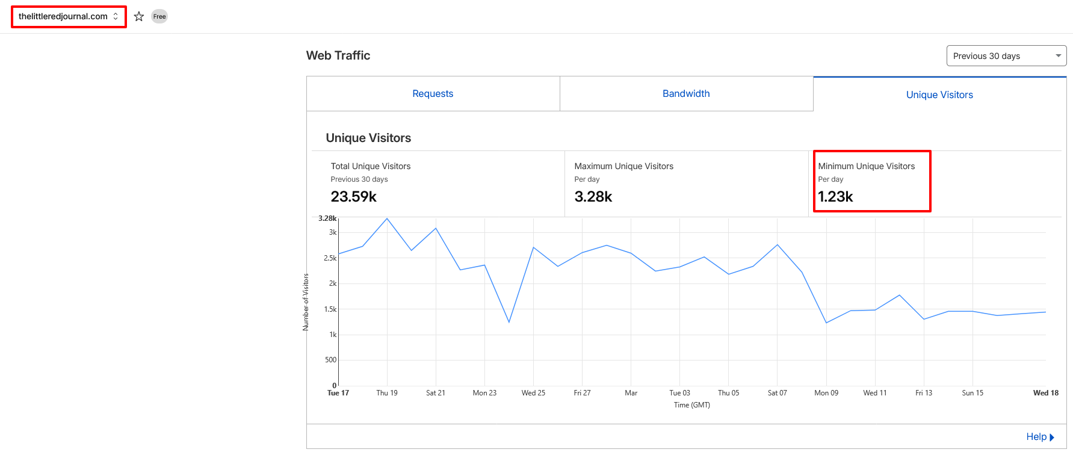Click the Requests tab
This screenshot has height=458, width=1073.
click(433, 94)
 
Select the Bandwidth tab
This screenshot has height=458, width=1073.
click(686, 94)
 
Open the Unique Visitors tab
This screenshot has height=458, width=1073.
click(939, 95)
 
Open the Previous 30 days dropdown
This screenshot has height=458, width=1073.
click(1006, 56)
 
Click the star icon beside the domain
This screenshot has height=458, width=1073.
click(139, 17)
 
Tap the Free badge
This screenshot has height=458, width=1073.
click(159, 17)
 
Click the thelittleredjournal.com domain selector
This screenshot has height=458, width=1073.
click(69, 17)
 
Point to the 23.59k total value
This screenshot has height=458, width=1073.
click(354, 197)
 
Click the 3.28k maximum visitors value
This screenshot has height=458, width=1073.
click(593, 197)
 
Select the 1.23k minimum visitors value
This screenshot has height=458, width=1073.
click(836, 197)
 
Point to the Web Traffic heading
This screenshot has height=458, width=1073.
click(338, 55)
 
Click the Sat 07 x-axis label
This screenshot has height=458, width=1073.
click(777, 393)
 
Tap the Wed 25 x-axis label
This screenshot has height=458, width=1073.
click(533, 393)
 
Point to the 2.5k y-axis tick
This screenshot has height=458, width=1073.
click(330, 258)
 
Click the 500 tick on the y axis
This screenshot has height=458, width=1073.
click(331, 360)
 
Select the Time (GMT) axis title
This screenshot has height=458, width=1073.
click(692, 405)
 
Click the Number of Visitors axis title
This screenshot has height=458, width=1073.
click(306, 302)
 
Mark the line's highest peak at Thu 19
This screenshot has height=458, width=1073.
click(387, 218)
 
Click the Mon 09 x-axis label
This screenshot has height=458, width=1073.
click(826, 393)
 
